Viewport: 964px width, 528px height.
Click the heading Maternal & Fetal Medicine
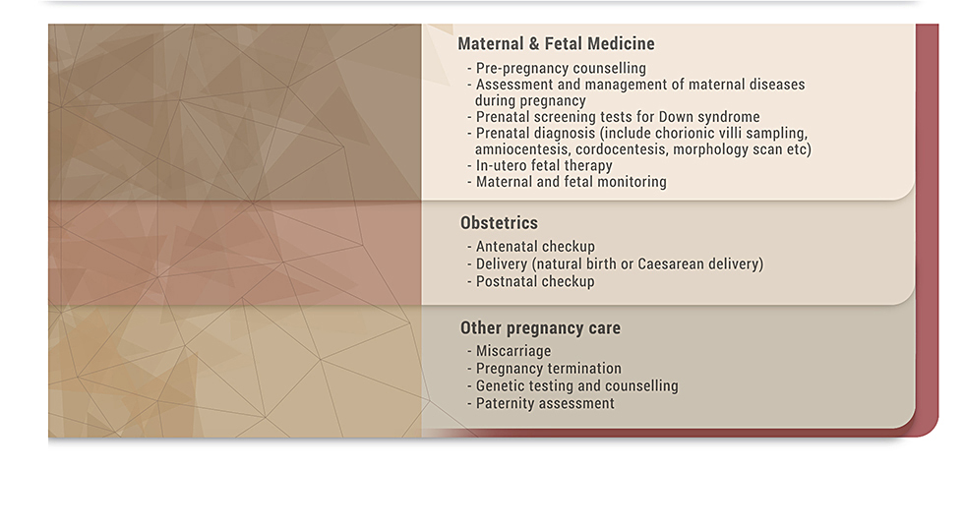(x=556, y=43)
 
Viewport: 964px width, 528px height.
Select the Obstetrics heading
(x=499, y=222)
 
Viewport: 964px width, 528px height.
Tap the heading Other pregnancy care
(x=540, y=328)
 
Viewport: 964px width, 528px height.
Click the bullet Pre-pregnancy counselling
(x=561, y=68)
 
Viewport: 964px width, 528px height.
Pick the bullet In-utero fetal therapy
(x=544, y=166)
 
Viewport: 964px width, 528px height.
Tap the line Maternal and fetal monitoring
(x=572, y=182)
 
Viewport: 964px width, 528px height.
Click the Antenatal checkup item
(x=535, y=247)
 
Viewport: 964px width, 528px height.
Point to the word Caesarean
(x=670, y=264)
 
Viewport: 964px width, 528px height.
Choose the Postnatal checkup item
(x=535, y=281)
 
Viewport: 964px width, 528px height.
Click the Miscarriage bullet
(x=513, y=351)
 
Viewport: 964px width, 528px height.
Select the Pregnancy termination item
(x=549, y=368)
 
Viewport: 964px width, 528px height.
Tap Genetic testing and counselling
(x=576, y=386)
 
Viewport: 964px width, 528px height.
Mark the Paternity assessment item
(x=545, y=403)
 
